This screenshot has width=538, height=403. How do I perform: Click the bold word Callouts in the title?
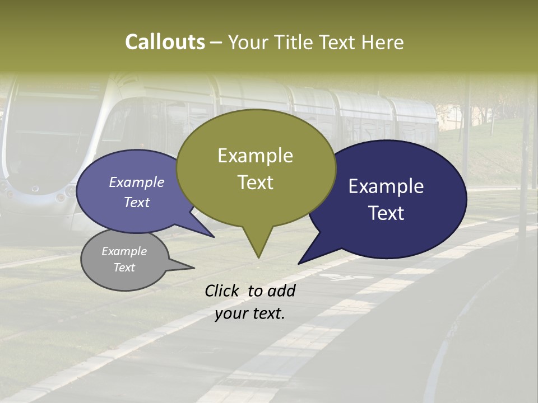coord(165,42)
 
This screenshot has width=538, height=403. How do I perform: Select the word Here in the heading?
coord(383,42)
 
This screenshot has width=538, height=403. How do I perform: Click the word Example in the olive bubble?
coord(255,156)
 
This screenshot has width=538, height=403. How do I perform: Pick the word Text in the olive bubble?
coord(255,182)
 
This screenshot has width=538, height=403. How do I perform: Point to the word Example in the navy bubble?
coord(386,186)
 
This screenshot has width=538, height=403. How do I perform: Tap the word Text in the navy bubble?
coord(387,213)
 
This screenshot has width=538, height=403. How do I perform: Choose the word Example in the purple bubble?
coord(136,182)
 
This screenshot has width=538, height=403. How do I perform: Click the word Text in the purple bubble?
coord(136,202)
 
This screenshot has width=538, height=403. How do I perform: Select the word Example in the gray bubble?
coord(124,251)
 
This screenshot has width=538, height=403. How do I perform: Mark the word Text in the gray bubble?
coord(124,268)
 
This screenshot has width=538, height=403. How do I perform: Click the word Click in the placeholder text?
coord(223,290)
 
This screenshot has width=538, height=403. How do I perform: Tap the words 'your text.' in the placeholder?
coord(249,313)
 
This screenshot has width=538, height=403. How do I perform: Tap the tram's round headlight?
coord(60,197)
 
